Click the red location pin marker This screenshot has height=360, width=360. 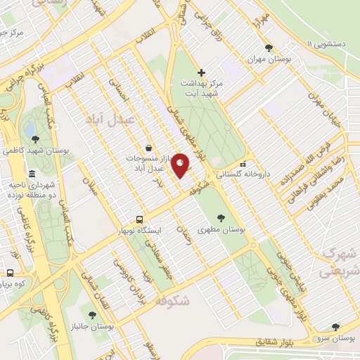181,165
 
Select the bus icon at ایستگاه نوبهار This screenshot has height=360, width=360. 139,219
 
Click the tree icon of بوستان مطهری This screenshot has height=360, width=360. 222,218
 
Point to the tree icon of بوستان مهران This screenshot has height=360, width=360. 269,48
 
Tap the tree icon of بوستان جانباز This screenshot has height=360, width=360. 92,315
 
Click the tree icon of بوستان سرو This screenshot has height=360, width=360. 335,327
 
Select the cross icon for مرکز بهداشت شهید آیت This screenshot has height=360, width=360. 202,72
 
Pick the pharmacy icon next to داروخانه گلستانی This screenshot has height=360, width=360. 243,164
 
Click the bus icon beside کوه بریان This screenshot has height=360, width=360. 11,272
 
